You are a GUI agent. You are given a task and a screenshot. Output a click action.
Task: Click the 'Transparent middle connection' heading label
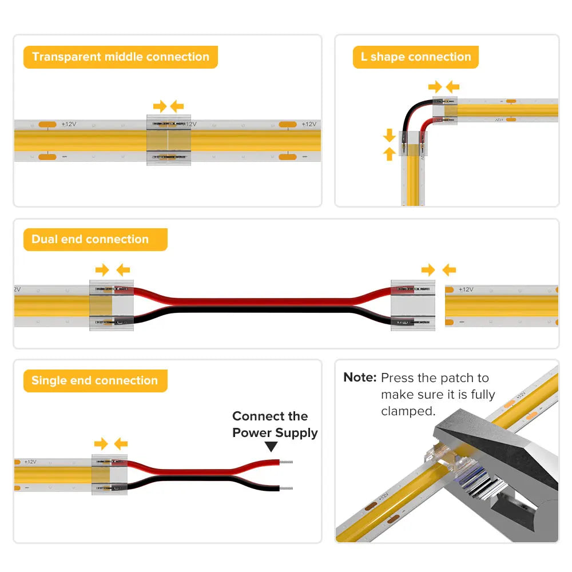coord(121,57)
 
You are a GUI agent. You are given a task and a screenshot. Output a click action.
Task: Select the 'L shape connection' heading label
coord(416,57)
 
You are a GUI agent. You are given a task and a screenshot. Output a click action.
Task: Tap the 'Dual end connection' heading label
coord(90,240)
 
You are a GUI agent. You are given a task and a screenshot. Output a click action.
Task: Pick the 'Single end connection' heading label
coord(94,381)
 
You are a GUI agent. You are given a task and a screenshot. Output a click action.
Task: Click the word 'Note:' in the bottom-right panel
coord(360,378)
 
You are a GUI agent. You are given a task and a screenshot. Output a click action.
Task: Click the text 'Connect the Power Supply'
coord(275,424)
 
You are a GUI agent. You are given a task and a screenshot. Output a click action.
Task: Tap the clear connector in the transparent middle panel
coord(169,141)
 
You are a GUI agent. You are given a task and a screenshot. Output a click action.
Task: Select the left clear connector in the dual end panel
coord(112,305)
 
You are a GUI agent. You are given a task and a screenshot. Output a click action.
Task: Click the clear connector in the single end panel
coord(110,474)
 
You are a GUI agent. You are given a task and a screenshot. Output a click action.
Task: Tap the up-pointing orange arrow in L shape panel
coord(390,153)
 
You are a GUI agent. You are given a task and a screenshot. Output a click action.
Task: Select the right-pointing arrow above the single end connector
coord(101,443)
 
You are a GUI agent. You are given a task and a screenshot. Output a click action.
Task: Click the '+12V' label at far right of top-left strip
coord(309,124)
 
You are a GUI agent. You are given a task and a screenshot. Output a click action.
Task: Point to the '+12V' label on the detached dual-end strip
coord(466,289)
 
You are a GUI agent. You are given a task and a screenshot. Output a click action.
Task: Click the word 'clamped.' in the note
coord(408,411)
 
